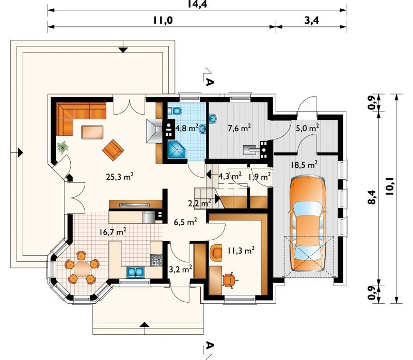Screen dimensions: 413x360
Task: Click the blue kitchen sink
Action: coord(135,272)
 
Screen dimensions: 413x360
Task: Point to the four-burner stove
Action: coord(156,260)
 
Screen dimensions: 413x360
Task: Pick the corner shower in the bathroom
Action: coord(177,150)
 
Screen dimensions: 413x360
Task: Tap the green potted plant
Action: coord(62,148)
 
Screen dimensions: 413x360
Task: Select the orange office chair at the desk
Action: coord(230,280)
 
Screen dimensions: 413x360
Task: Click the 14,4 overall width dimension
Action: coord(197,4)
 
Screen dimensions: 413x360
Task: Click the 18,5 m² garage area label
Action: coord(304,165)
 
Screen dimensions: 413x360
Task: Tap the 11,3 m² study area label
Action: coord(241,250)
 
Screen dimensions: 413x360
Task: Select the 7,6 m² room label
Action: coord(239,128)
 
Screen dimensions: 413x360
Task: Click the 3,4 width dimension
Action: coord(312,20)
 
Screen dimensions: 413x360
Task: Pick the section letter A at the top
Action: coord(209,82)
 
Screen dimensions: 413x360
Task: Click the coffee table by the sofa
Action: coord(92,132)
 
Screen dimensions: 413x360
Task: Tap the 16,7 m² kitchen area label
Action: coord(113,232)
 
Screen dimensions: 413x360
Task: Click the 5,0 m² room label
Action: coord(307,128)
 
